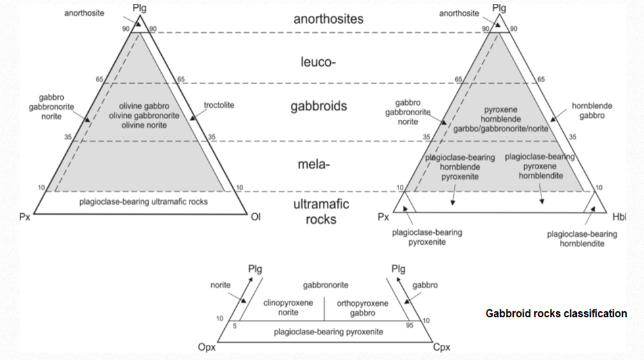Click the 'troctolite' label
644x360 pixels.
tap(218, 105)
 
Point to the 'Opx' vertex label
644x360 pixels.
tap(208, 347)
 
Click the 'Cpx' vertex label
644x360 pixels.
tap(441, 347)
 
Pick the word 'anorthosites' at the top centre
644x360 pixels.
tap(328, 18)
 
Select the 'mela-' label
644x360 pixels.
tap(316, 164)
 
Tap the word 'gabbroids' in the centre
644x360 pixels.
tap(318, 107)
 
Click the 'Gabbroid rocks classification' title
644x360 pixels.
tap(556, 313)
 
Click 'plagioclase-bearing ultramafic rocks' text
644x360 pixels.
tap(143, 201)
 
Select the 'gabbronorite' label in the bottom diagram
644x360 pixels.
tap(326, 285)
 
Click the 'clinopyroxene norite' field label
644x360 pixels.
tap(288, 307)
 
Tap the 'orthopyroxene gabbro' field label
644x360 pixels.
tap(362, 307)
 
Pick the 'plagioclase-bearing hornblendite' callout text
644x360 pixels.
tap(582, 239)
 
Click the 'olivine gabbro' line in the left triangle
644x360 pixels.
tap(144, 106)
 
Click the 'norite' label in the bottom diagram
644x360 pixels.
tap(220, 286)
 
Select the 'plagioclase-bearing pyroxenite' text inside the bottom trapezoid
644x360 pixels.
tap(328, 332)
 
